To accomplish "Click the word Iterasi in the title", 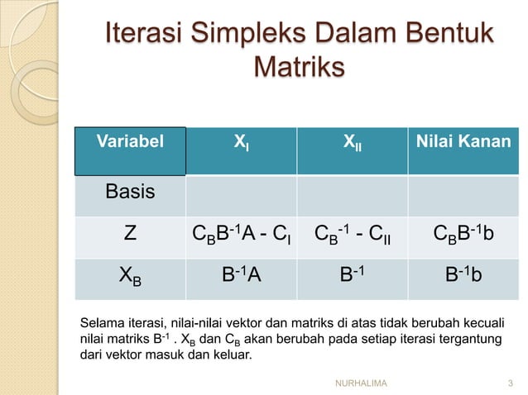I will (142, 37).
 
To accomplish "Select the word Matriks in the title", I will (296, 67).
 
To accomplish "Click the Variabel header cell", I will (131, 141).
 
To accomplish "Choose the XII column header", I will (352, 143).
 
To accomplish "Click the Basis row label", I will (130, 193).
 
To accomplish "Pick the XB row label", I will (130, 278).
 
